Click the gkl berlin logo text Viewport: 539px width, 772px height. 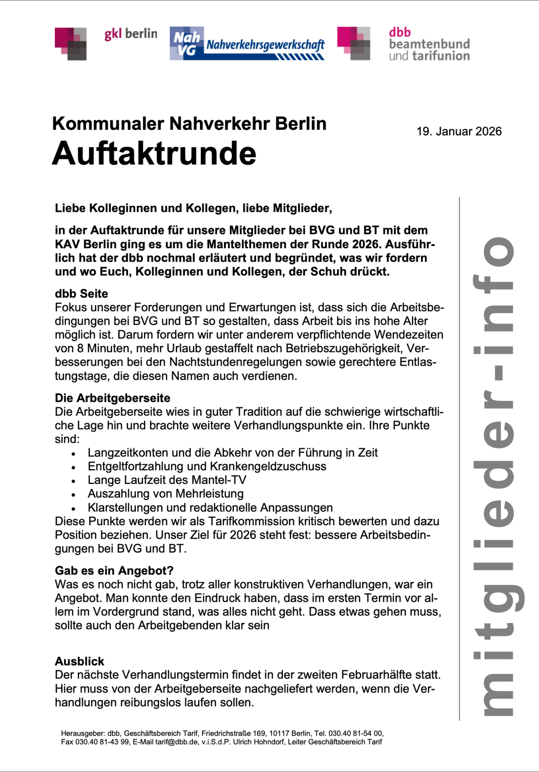pos(131,34)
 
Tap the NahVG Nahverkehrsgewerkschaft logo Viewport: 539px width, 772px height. pos(247,43)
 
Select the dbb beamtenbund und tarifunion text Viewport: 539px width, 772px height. pos(429,44)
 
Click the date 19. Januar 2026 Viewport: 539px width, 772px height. pos(459,131)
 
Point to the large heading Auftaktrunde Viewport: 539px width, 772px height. pos(154,153)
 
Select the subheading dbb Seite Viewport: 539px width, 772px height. pos(81,294)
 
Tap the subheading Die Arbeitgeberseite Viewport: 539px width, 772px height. pos(112,398)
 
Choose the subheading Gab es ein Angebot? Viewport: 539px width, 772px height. pos(114,570)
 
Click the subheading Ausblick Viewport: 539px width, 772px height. pos(79,661)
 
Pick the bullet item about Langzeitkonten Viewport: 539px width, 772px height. pos(232,453)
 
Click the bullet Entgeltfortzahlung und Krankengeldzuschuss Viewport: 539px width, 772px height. pos(207,467)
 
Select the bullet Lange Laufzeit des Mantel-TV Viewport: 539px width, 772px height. pos(167,480)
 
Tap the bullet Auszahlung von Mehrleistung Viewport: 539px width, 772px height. pos(165,494)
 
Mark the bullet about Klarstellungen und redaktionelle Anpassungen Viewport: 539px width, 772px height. pos(210,508)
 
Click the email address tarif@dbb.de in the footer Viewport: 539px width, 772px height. pos(176,742)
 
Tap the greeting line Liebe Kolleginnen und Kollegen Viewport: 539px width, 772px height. pos(193,208)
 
